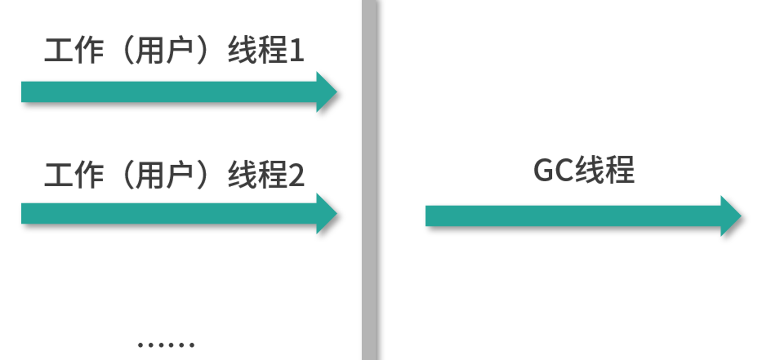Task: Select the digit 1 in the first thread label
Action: point(297,50)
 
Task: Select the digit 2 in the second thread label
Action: point(296,175)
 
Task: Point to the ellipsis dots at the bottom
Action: point(166,345)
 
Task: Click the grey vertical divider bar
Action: point(369,180)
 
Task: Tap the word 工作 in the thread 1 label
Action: point(74,50)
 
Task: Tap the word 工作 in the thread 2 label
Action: point(74,175)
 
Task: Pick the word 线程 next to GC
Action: point(605,170)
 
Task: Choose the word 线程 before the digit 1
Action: point(258,50)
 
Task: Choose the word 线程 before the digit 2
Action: point(258,175)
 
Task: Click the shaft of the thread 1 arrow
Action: point(169,92)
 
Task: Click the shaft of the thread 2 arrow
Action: point(169,213)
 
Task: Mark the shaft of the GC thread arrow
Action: point(573,216)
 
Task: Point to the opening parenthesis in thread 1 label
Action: point(127,50)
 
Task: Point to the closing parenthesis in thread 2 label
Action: point(202,175)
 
